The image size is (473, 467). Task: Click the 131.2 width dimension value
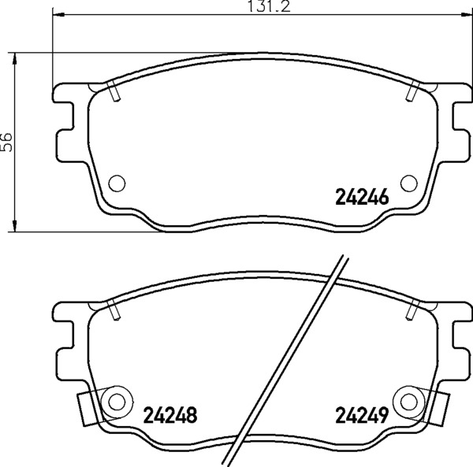click(x=269, y=6)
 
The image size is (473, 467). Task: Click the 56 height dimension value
click(x=6, y=142)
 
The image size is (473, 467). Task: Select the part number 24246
click(x=362, y=198)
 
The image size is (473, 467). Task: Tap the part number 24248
click(x=170, y=415)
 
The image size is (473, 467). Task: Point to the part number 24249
click(x=362, y=415)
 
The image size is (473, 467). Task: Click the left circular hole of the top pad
click(x=117, y=183)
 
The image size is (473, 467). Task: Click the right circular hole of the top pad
click(x=409, y=183)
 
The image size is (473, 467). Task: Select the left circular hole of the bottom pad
click(x=117, y=402)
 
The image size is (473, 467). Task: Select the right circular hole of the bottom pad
click(x=409, y=402)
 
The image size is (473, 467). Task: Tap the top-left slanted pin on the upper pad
click(x=114, y=91)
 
